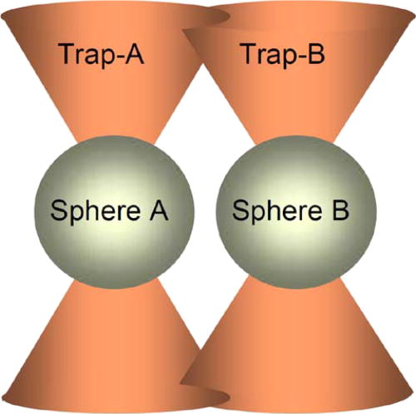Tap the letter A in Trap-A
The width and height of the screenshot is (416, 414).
tap(132, 53)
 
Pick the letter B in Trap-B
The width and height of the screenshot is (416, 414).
tap(315, 53)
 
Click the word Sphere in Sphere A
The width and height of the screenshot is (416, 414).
tap(96, 211)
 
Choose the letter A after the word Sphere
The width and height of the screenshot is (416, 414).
tap(159, 209)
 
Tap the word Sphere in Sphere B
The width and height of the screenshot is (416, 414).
tap(277, 211)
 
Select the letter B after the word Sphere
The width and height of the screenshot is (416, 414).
tap(340, 209)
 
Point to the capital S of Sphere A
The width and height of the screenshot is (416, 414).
tap(59, 210)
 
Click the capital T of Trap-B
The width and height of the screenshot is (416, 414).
tap(249, 53)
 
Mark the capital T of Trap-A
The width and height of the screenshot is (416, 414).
tap(67, 53)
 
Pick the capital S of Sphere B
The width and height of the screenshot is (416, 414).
tap(240, 210)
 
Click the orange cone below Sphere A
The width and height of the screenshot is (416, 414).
tap(106, 347)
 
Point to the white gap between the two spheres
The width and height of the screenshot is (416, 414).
tap(205, 211)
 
